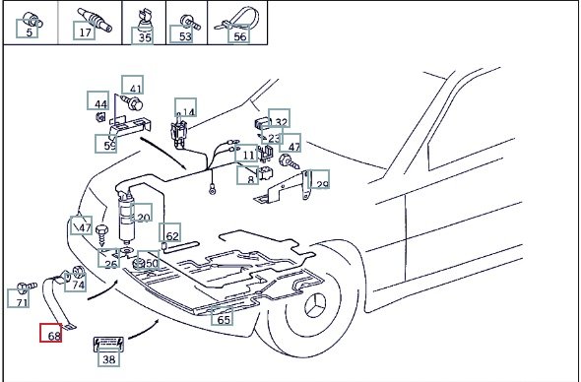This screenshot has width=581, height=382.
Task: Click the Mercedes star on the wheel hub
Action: tap(315, 305)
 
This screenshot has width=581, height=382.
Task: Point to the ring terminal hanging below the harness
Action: tap(213, 190)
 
